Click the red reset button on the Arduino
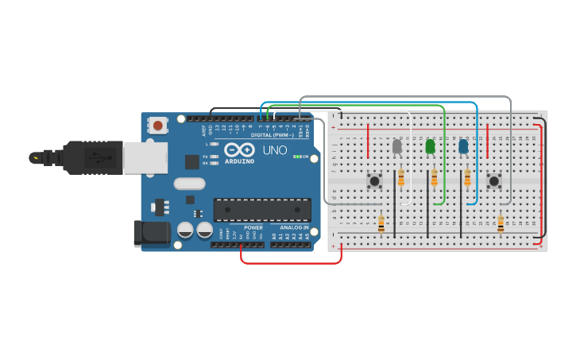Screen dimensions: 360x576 [x=158, y=125]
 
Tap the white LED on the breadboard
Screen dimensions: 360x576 [x=397, y=146]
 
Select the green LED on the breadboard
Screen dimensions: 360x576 [x=430, y=146]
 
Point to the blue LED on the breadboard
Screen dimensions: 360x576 [x=463, y=146]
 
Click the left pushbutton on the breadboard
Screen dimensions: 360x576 [x=373, y=181]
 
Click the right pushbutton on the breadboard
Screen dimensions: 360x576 [x=494, y=181]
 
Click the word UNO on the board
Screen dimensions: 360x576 [x=275, y=150]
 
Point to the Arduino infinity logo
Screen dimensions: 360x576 [x=238, y=150]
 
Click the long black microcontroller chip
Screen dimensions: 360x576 [x=262, y=210]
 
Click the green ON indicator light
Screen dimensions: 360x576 [x=296, y=157]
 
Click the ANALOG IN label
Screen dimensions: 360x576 [x=291, y=228]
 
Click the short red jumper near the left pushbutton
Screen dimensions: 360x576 [x=368, y=141]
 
